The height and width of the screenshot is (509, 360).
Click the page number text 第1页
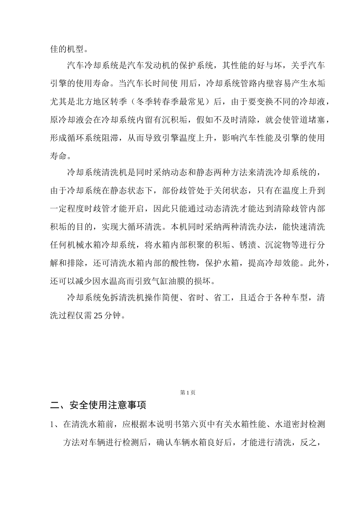(188, 393)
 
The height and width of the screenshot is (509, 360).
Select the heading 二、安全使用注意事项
(99, 405)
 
